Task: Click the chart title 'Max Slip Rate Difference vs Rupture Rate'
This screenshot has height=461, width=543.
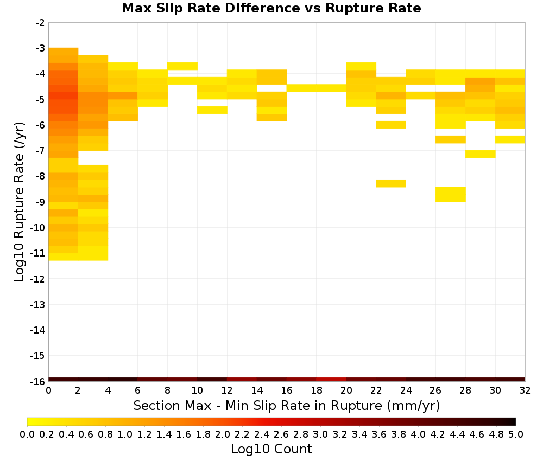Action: [271, 8]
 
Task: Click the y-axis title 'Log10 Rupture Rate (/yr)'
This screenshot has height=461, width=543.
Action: [19, 202]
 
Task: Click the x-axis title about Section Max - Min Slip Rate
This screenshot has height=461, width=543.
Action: [286, 405]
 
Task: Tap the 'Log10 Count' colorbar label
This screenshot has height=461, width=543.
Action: [271, 449]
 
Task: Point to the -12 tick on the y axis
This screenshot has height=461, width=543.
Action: [37, 279]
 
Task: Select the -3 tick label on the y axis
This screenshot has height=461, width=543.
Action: [40, 48]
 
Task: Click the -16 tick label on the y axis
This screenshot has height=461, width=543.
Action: [37, 381]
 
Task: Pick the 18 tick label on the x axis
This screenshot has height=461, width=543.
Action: [316, 390]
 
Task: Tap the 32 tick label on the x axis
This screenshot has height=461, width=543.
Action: [525, 390]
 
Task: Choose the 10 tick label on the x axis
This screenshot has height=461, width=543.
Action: [197, 390]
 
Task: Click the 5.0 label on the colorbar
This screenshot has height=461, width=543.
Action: [516, 434]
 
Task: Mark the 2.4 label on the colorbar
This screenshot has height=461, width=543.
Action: [262, 434]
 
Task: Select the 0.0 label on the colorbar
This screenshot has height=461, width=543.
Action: [27, 434]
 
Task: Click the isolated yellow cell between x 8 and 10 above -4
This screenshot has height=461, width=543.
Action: [182, 66]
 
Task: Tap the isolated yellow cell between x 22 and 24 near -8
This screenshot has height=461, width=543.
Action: [391, 183]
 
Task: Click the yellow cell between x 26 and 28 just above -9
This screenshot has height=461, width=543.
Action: [451, 194]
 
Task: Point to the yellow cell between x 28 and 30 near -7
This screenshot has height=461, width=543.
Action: [481, 154]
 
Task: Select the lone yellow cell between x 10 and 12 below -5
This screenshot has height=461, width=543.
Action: [212, 110]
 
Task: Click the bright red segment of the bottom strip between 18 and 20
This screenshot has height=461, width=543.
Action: [331, 380]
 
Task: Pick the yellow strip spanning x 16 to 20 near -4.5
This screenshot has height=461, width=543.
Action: [317, 88]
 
